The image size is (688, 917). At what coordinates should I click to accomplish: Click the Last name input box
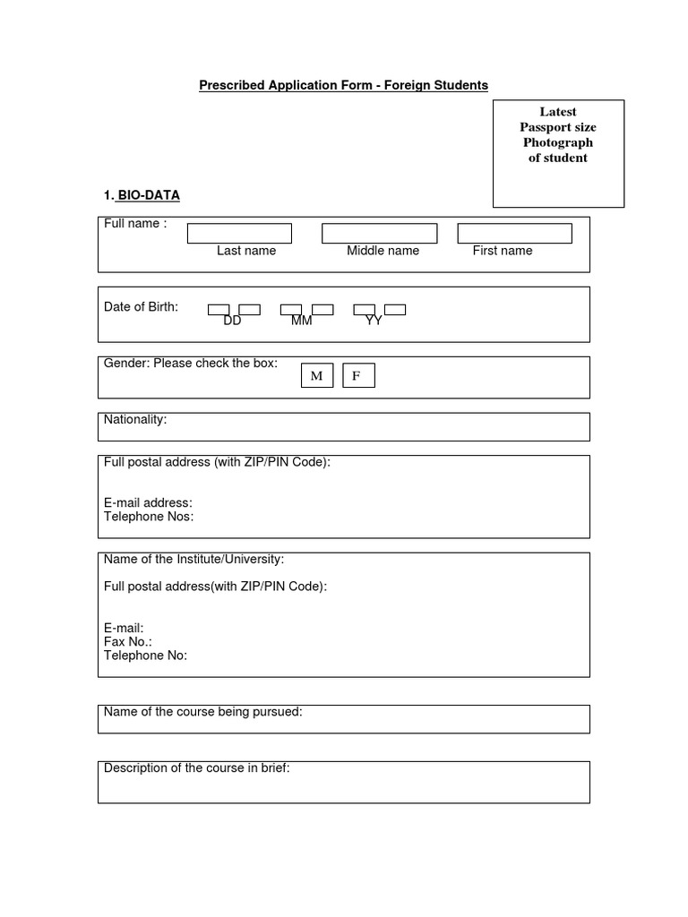(239, 234)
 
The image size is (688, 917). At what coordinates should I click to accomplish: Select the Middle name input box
(379, 234)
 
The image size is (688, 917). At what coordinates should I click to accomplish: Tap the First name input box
(514, 234)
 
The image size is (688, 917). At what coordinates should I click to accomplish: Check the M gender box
(316, 376)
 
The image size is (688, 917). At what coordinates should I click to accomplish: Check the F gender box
(357, 376)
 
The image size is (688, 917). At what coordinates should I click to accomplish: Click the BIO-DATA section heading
(148, 195)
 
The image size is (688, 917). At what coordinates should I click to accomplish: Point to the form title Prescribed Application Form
(343, 85)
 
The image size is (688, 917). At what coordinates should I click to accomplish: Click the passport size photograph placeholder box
(558, 153)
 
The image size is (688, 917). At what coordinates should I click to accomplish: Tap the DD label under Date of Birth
(233, 321)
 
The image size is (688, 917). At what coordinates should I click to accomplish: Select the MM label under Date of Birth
(302, 321)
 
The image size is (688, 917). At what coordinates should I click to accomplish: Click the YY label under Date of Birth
(374, 321)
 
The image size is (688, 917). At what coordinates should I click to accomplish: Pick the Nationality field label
(135, 419)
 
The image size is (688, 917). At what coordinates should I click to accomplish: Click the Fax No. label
(128, 642)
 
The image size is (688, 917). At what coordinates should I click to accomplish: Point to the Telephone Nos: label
(149, 517)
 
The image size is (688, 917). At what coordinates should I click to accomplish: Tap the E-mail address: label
(148, 503)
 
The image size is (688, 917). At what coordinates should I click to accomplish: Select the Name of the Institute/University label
(193, 559)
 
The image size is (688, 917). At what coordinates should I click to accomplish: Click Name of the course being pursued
(203, 712)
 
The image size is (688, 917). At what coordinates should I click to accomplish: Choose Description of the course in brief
(197, 768)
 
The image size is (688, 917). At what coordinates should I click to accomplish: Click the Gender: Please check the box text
(191, 364)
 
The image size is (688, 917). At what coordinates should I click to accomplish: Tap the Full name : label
(135, 224)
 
